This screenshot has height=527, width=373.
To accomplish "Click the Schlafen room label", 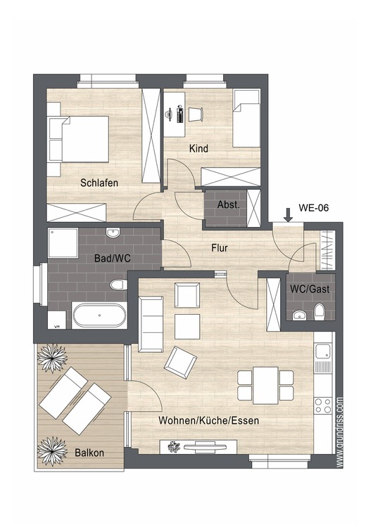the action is pos(99,183).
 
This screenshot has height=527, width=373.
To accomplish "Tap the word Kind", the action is pos(198,148).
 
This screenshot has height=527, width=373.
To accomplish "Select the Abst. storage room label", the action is pos(229,204).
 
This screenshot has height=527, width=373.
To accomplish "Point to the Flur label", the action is pos(220,248).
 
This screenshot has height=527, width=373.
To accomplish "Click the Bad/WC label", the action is pos(113,258).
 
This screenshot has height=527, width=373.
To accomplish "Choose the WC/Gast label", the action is pos(310,289).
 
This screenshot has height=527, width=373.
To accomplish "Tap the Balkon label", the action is pos(89,453).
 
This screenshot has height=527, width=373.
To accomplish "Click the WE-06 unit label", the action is pos(313,208).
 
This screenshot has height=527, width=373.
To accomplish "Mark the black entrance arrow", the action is pos(288,215).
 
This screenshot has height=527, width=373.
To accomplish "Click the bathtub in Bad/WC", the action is pos(100,315).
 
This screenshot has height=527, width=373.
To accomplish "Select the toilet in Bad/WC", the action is pos(118,285).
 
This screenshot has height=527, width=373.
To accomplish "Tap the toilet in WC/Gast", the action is pos(319,311).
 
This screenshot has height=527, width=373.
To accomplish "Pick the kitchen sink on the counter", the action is pos(324,352).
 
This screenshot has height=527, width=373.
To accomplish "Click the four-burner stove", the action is pos(323,405).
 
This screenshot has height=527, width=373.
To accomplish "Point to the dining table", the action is pos(265,385).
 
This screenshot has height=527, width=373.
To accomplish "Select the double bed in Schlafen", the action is pos(79,140).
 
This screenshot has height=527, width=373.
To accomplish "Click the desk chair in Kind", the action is pos(195,115).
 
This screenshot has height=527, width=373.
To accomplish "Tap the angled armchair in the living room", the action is pos(180,363).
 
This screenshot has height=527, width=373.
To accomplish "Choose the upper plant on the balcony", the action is pos(52,358).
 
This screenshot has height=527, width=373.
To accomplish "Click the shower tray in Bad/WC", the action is pos(63,242).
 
